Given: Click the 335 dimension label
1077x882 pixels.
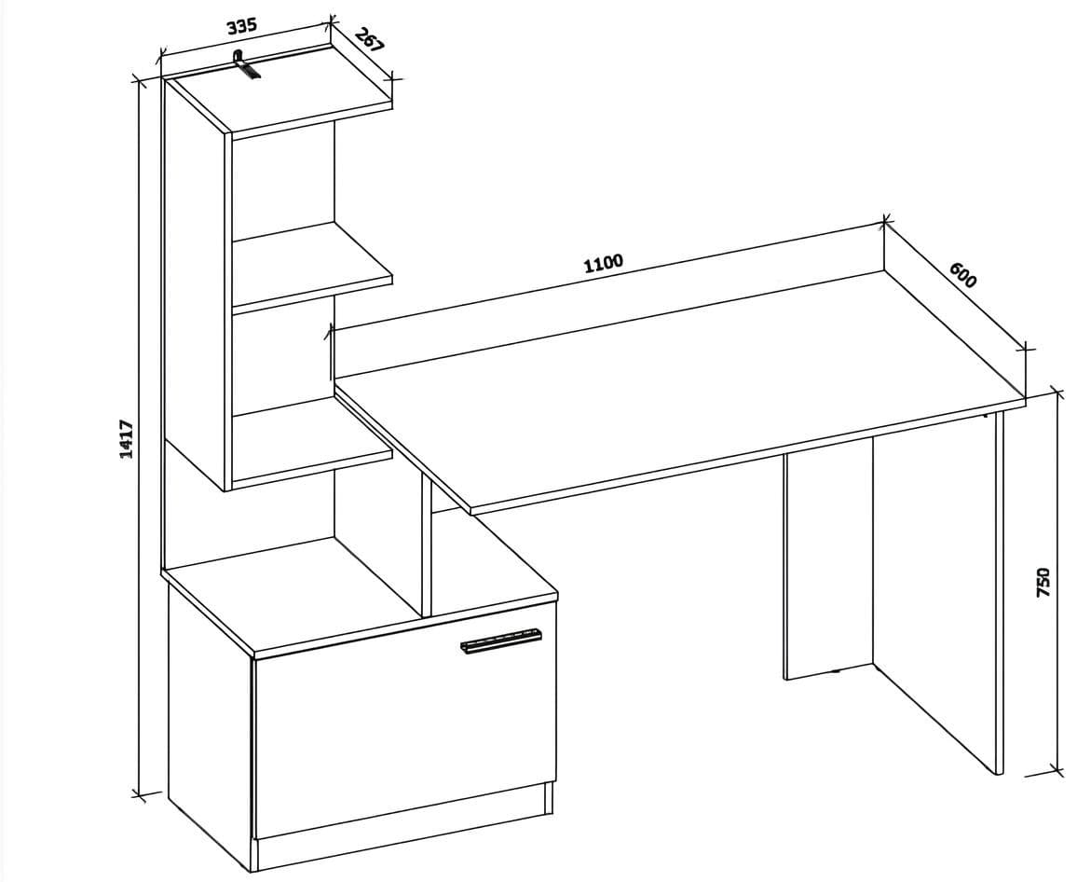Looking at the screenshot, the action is (242, 26).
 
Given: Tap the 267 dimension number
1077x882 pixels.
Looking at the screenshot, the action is (369, 41).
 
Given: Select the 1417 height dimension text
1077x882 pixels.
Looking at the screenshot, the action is (126, 439).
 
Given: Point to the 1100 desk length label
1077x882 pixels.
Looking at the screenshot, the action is (603, 263).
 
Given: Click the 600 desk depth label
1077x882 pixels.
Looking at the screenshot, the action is (962, 275).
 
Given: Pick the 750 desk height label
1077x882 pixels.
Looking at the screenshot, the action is (1043, 582).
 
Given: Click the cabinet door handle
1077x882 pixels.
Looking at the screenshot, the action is (500, 640).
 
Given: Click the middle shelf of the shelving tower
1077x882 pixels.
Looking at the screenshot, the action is (312, 265).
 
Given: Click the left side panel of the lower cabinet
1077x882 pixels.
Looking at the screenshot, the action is (211, 722).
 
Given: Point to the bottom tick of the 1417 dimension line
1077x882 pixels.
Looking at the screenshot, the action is (140, 796).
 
